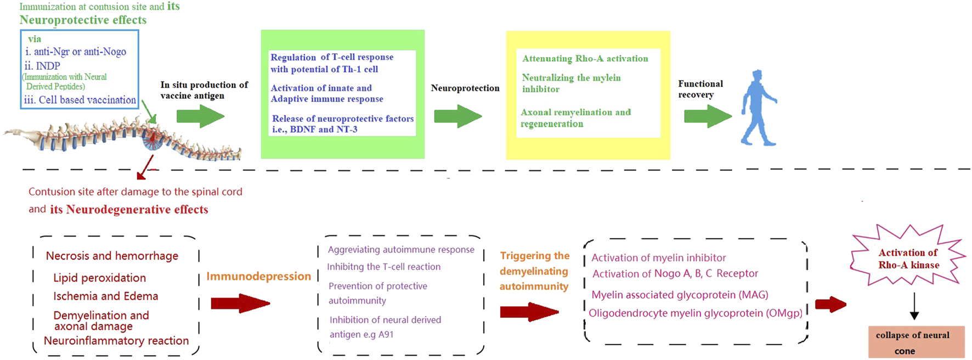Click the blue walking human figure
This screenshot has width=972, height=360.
coord(758,108)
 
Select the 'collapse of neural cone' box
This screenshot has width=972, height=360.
coord(916,342)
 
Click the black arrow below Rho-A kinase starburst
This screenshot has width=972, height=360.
coord(914,306)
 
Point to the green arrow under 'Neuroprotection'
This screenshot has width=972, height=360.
coord(457,116)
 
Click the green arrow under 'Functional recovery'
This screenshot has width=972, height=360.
coord(708,116)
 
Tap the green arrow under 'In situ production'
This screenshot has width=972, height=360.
coord(200,116)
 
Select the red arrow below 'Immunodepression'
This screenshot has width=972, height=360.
coord(240,303)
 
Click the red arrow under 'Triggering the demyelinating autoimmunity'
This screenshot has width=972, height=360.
coord(529,312)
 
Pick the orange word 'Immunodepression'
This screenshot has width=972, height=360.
coord(258,277)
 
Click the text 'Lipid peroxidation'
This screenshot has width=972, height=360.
coord(99,278)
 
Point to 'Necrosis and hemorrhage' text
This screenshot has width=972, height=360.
coord(112,256)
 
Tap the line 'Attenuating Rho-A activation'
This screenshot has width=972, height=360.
coord(585,59)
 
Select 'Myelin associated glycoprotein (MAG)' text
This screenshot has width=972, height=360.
coord(680,295)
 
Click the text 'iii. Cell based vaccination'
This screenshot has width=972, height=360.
coord(80,100)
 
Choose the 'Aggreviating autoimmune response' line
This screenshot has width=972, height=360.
coord(401,250)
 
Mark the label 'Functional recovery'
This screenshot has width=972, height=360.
coord(700,89)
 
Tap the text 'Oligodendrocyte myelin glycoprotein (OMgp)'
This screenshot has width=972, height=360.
coord(695,313)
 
